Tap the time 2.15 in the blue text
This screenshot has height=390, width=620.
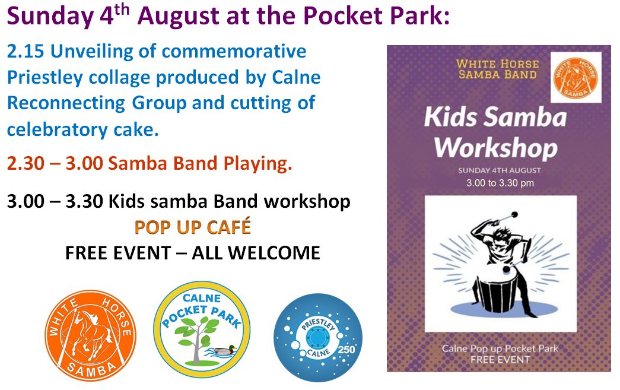click(x=25, y=52)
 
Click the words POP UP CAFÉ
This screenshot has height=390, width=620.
click(x=193, y=227)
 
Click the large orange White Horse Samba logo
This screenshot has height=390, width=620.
click(x=90, y=335)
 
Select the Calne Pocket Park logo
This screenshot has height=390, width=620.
click(x=202, y=329)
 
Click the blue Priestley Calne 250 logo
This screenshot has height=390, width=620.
click(x=318, y=337)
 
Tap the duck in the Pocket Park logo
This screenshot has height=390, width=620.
click(x=223, y=350)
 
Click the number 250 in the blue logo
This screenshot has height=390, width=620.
click(x=346, y=350)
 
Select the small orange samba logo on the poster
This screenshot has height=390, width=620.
click(x=576, y=78)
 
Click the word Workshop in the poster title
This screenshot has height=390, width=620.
click(x=496, y=148)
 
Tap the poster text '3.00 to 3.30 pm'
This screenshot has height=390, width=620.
click(x=500, y=183)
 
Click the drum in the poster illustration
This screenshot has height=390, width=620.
click(x=498, y=291)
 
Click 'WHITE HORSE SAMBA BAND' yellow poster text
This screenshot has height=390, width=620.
click(x=497, y=69)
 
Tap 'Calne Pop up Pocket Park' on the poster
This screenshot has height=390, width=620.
click(x=500, y=349)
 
